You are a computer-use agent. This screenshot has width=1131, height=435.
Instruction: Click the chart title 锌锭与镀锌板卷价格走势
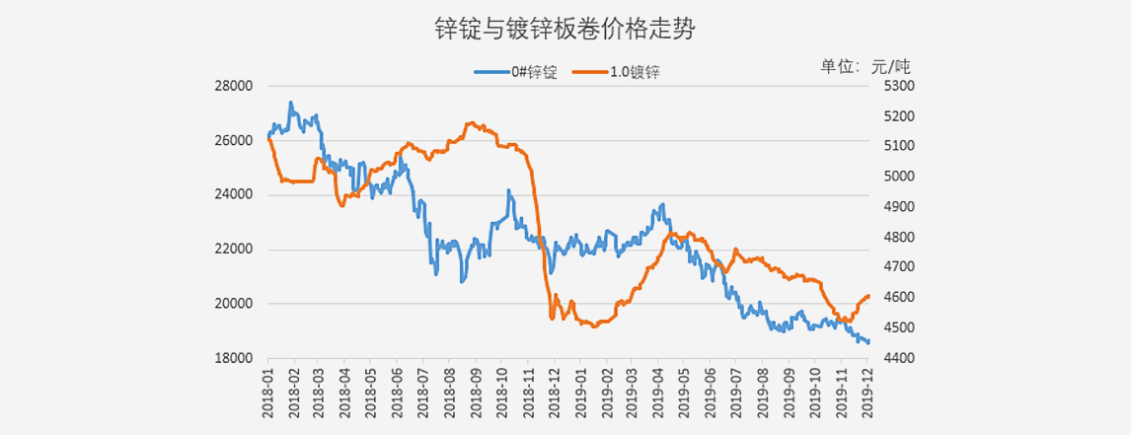tap(565, 30)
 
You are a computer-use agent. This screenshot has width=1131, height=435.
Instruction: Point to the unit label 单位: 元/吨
tap(866, 66)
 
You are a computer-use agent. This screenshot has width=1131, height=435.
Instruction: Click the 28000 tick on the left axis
tap(234, 86)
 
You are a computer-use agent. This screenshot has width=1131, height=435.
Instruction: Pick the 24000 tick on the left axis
tap(234, 194)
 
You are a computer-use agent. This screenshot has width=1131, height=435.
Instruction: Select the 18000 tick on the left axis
tap(234, 358)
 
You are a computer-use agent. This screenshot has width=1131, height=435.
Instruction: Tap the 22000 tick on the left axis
tap(234, 250)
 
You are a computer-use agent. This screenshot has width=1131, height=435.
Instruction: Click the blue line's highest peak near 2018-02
tap(290, 102)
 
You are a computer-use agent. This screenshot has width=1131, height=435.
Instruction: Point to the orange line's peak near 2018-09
tap(471, 123)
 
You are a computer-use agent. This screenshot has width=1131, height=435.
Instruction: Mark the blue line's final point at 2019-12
tap(868, 342)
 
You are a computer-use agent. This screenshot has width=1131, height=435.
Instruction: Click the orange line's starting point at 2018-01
tap(268, 138)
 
